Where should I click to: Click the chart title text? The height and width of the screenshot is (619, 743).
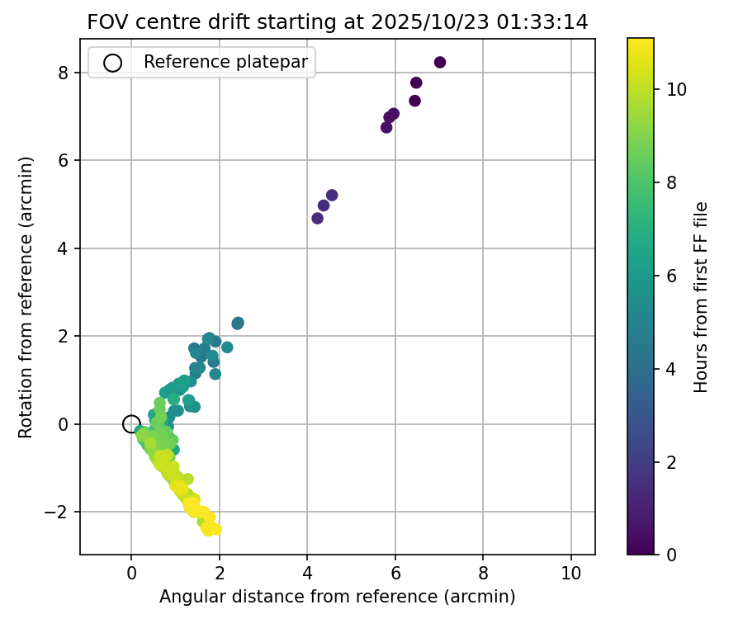tap(338, 22)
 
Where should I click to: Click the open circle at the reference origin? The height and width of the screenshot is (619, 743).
tap(131, 424)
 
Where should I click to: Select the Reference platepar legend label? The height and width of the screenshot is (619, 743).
tap(225, 62)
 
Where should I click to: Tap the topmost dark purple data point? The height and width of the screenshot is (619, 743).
tap(440, 63)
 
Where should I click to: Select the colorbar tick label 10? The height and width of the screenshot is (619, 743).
tap(676, 89)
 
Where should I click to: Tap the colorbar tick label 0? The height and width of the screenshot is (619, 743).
tap(671, 555)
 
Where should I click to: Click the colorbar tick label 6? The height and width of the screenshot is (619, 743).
tap(671, 276)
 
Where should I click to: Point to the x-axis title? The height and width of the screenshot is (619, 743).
tap(338, 597)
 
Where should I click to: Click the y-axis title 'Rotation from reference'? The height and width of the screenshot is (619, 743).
tap(26, 296)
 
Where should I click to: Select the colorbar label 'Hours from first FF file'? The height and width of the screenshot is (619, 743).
tap(702, 296)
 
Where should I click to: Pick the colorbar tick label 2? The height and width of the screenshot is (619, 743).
tap(671, 461)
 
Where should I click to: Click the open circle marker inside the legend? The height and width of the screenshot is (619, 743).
tap(113, 62)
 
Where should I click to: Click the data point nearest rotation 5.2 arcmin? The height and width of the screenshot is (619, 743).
tap(332, 196)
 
